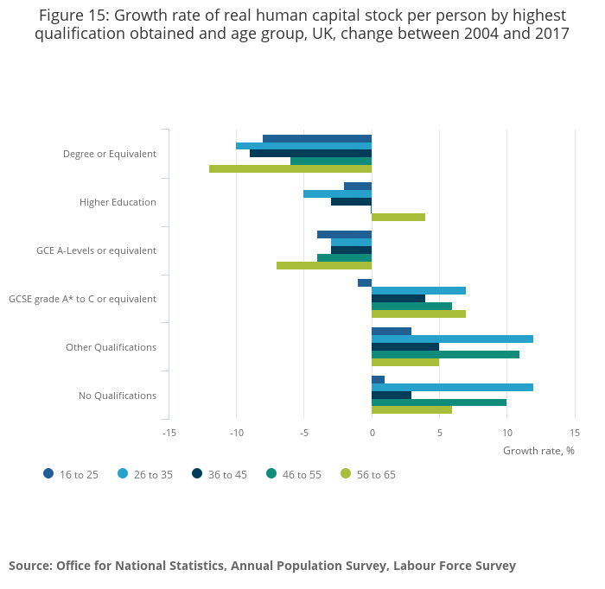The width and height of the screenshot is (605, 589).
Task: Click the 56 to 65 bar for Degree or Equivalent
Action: [x=290, y=169]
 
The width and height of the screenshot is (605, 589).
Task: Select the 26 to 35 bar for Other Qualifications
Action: [x=452, y=339]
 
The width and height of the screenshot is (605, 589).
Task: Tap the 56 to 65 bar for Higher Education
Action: [x=398, y=218]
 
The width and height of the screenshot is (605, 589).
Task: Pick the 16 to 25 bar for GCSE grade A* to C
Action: [x=365, y=283]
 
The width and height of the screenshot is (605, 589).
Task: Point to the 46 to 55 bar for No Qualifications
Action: [x=438, y=402]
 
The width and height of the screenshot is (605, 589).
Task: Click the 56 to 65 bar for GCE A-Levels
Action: [x=324, y=266]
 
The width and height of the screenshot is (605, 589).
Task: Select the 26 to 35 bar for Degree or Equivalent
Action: [x=303, y=146]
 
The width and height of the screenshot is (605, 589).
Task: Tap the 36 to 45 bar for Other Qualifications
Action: [x=404, y=347]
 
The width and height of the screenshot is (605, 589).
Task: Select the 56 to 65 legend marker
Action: [x=347, y=474]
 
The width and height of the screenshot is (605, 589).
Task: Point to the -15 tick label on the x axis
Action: [x=169, y=433]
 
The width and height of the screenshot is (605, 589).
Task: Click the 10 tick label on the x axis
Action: [x=506, y=433]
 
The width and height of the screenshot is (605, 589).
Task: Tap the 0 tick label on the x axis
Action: [x=372, y=433]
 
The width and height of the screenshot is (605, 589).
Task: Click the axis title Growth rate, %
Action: [x=538, y=450]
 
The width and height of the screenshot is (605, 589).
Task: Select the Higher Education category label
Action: [x=118, y=202]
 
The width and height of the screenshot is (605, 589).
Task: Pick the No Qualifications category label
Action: [x=118, y=396]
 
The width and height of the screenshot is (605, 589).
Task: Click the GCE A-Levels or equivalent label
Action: [x=96, y=250]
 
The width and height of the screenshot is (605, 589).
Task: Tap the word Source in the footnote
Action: [x=30, y=566]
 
